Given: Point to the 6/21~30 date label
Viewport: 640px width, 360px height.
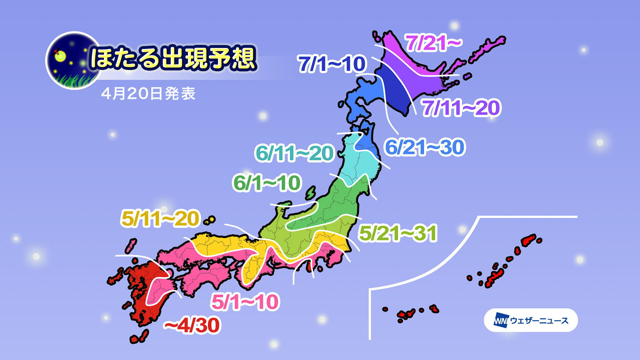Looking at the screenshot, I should pyautogui.click(x=425, y=147).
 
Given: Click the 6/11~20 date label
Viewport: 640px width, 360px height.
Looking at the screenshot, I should pyautogui.click(x=294, y=153).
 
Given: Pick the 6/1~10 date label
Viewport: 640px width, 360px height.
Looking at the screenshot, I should pyautogui.click(x=267, y=183).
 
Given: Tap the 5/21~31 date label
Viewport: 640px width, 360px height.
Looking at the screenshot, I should pyautogui.click(x=398, y=233).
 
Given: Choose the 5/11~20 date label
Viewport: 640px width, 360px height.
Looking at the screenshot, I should pyautogui.click(x=160, y=219).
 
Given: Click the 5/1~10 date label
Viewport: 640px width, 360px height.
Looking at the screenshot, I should pyautogui.click(x=245, y=302).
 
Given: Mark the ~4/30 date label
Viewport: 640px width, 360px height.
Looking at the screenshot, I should pyautogui.click(x=192, y=325).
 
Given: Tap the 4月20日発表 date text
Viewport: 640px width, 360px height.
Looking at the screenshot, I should pyautogui.click(x=148, y=94).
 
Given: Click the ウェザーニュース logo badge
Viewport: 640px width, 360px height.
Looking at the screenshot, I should pyautogui.click(x=531, y=320).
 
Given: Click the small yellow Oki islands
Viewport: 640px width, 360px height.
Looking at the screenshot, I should pyautogui.click(x=210, y=220).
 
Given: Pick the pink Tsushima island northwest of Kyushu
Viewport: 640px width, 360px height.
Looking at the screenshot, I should pyautogui.click(x=131, y=246).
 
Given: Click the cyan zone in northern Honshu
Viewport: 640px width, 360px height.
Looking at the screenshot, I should pyautogui.click(x=357, y=163).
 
